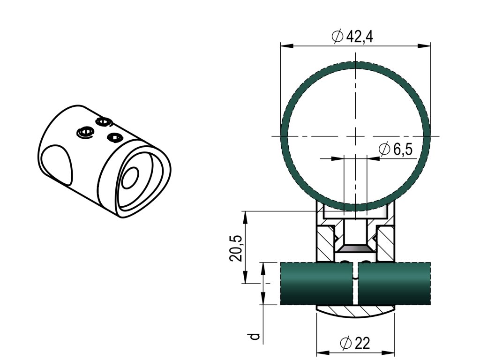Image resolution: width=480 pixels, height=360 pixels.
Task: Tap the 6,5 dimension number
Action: coord(403,150)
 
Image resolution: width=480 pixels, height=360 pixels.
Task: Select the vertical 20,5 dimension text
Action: coord(236,248)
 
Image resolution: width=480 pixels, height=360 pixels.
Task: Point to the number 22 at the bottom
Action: coord(362,343)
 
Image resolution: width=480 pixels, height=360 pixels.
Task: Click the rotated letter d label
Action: coord(254,337)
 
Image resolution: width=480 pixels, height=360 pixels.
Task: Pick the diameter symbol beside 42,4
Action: coord(337,37)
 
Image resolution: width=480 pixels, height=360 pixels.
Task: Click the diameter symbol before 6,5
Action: coord(384,150)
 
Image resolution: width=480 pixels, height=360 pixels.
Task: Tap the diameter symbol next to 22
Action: coord(346,343)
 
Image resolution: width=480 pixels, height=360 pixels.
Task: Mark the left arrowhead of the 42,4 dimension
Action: coord(287,46)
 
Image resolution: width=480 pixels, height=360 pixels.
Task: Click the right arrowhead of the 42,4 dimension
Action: coord(424,46)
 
